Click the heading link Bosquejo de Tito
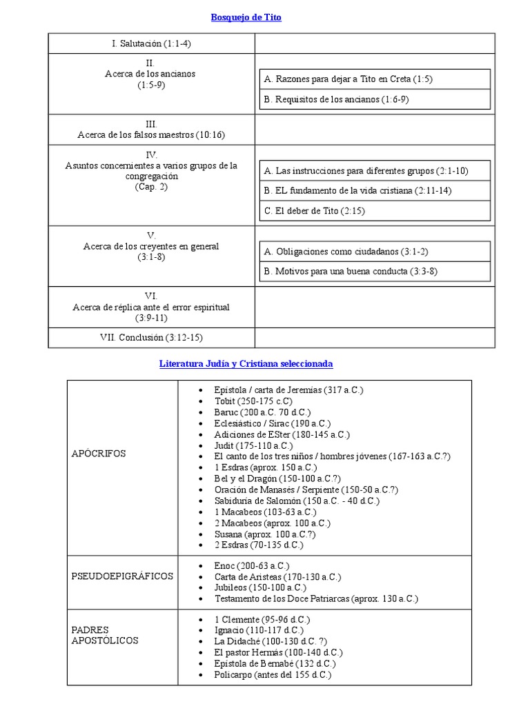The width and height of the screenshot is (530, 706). tap(246, 18)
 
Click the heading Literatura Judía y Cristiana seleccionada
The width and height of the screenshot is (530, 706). tap(246, 363)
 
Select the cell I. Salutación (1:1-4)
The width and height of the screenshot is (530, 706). tap(151, 43)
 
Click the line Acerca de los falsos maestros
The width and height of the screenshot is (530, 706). tap(151, 135)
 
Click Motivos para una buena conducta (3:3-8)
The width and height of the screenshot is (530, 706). tap(351, 271)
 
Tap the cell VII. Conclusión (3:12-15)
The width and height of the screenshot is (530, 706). tap(151, 337)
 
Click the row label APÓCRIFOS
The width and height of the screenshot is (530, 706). tap(99, 453)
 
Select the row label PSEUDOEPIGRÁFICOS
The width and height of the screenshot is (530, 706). tap(122, 576)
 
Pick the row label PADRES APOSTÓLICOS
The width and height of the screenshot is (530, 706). tap(105, 635)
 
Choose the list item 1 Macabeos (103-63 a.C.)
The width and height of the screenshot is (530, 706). tap(265, 512)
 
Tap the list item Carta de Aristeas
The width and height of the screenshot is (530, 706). tap(277, 576)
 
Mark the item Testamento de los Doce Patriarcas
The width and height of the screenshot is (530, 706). tap(316, 598)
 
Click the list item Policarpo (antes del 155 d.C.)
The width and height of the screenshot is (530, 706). tap(273, 674)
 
